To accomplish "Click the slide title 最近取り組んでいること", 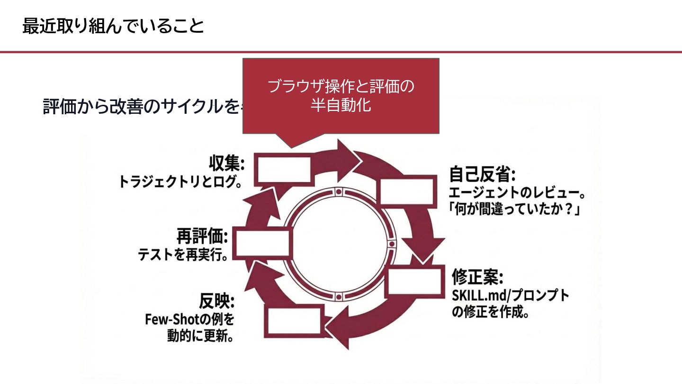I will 113,27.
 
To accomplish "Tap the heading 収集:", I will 227,165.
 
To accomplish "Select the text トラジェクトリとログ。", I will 180,181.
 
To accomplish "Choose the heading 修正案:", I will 477,276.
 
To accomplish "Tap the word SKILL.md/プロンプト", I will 511,295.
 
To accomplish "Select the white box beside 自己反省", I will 407,192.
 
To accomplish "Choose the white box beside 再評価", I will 262,244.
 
